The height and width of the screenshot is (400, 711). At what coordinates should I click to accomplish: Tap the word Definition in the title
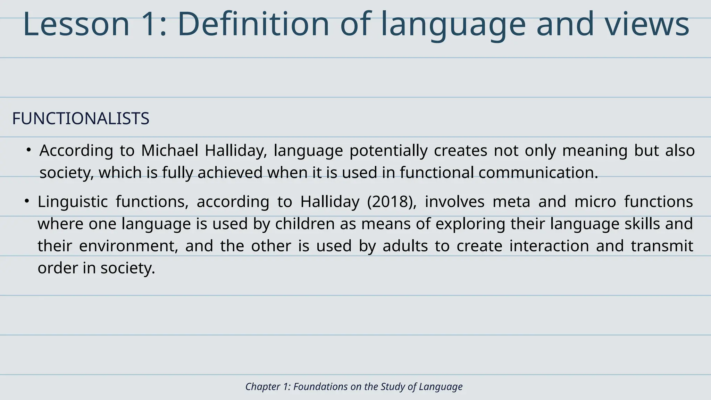click(253, 24)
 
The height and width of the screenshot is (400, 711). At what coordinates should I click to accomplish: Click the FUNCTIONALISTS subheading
click(81, 119)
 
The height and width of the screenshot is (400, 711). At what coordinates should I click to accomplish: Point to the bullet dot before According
click(29, 150)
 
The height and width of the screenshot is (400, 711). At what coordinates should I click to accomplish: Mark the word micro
click(595, 202)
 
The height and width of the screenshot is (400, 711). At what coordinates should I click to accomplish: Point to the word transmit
click(662, 246)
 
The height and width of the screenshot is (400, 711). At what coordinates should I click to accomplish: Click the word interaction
click(549, 246)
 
